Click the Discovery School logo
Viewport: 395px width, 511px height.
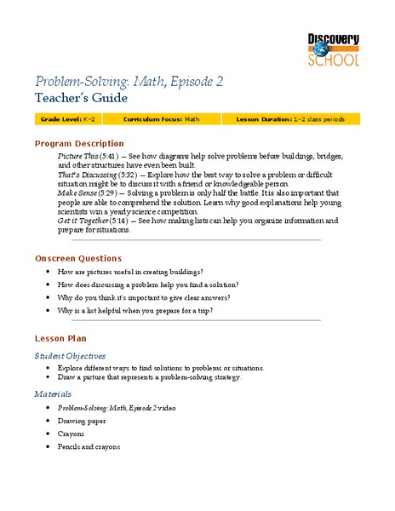tap(334, 48)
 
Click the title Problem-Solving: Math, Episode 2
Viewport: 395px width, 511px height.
tap(128, 82)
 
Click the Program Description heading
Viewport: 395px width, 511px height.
tap(79, 144)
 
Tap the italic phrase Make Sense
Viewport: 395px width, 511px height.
tap(77, 193)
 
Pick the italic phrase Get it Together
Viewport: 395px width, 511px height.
tap(82, 221)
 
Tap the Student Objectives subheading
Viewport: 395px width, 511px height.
tap(70, 355)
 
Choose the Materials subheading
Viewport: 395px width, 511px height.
tap(53, 394)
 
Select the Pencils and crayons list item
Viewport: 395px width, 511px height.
tap(89, 446)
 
